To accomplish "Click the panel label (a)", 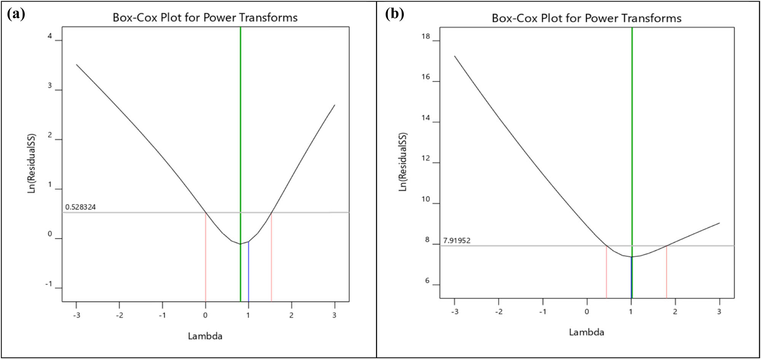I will point(16,14).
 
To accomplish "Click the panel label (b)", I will point(394,14).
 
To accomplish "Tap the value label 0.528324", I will point(80,207).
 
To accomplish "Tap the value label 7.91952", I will point(457,241).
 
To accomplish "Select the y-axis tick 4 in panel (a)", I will point(49,37).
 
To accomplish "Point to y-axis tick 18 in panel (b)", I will point(426,37).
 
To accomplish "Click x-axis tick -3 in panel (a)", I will point(76,315).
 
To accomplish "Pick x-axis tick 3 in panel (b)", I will point(719,312).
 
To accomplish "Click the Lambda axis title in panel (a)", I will point(205,336).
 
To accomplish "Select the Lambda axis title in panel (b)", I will point(586,332).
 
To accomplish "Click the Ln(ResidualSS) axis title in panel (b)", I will point(403,162).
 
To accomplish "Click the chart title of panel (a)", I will point(205,18).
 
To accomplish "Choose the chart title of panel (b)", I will point(586,18).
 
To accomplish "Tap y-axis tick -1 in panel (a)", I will point(49,284).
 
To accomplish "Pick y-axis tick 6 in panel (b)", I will point(427,281).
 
